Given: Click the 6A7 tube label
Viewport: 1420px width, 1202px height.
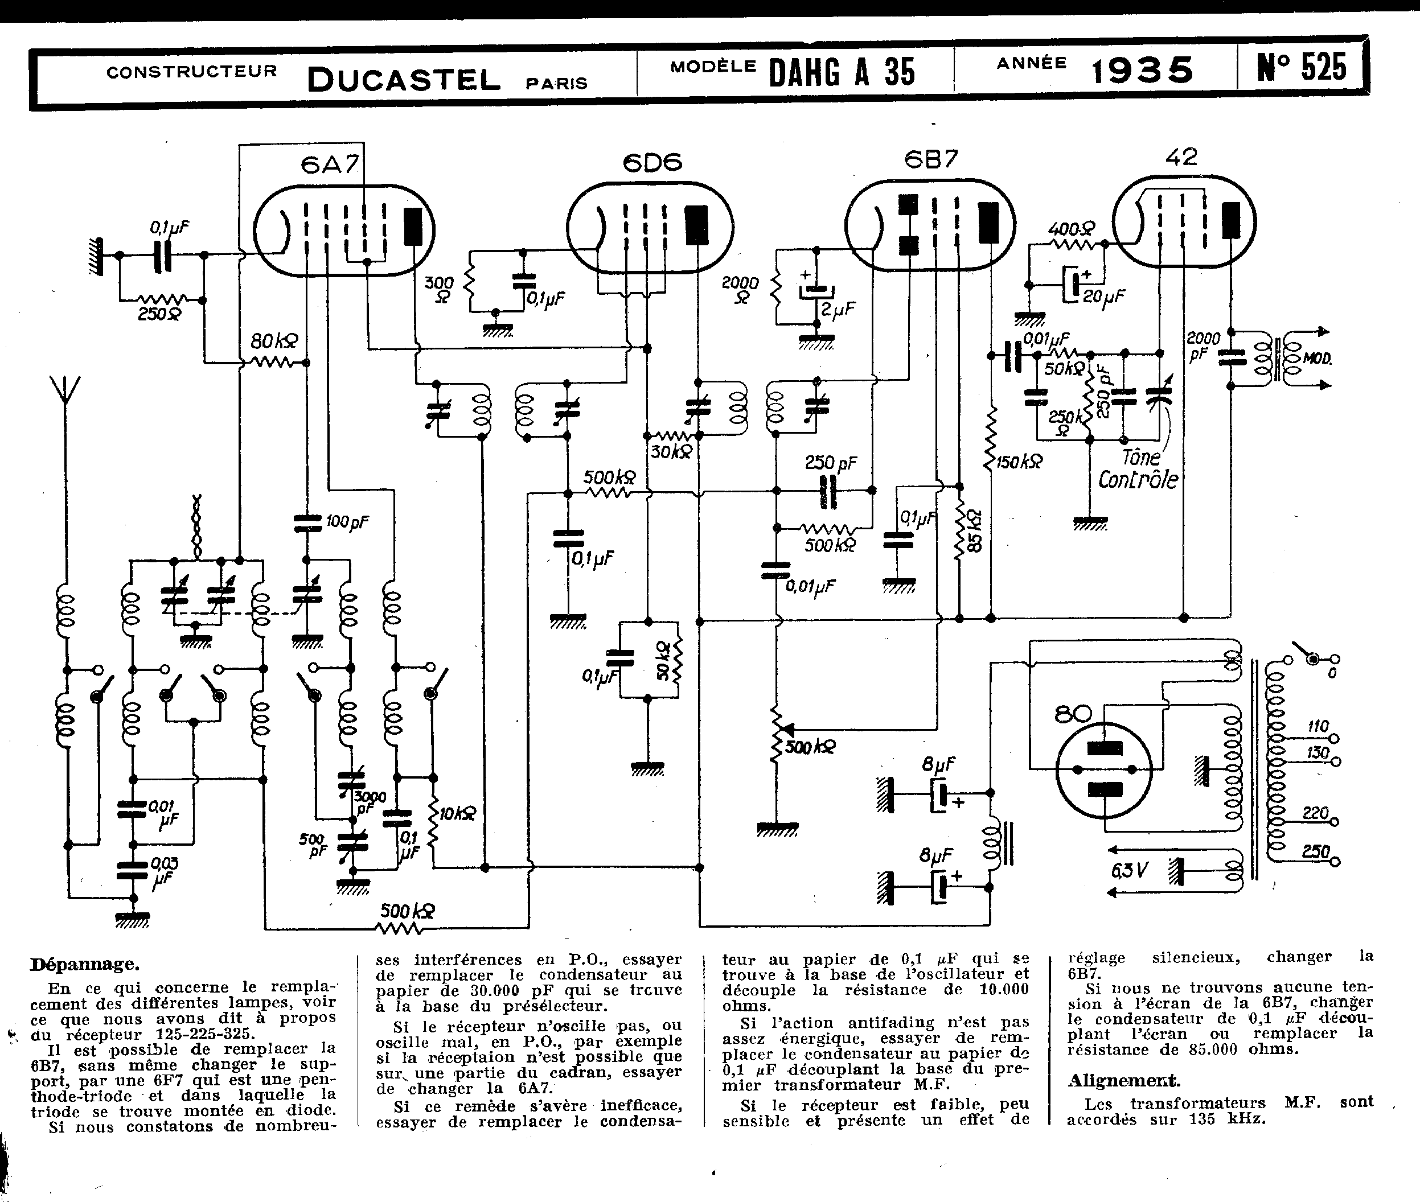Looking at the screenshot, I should click(329, 165).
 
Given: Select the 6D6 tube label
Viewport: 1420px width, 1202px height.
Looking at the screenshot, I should click(652, 163).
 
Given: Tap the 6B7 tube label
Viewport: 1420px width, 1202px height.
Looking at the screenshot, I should click(930, 159).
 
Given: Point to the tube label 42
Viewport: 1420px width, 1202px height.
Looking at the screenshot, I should click(1181, 158).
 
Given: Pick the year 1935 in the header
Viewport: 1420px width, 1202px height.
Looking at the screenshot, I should click(1142, 70).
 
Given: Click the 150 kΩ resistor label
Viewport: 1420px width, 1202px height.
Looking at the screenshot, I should click(1019, 463).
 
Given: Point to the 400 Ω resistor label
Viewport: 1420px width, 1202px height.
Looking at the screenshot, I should click(1071, 229).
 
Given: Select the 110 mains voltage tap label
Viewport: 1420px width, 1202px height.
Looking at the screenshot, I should click(1318, 726).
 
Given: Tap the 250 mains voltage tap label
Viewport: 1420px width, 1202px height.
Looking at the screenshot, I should click(1316, 851).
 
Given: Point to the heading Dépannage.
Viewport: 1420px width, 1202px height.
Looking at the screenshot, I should click(84, 964).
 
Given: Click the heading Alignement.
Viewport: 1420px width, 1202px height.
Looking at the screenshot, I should click(1123, 1080).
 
